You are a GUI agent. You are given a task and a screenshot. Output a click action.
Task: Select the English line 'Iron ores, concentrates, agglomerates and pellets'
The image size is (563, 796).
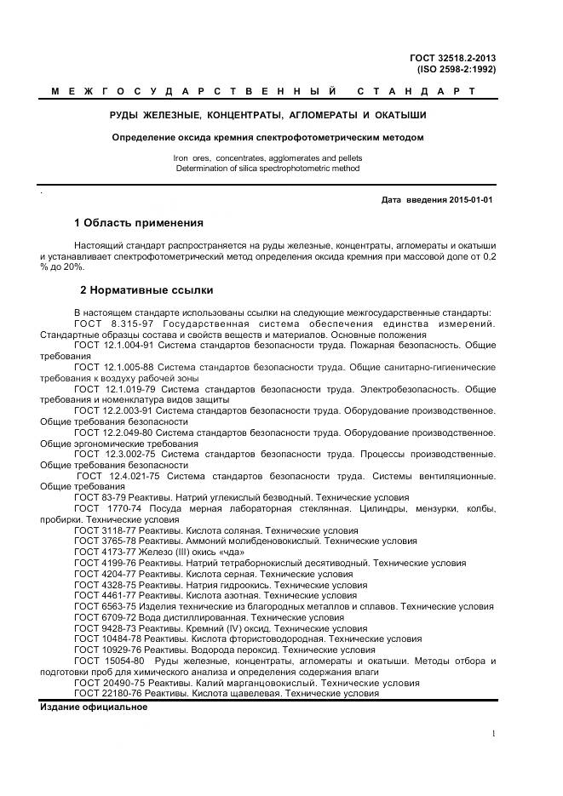(267, 158)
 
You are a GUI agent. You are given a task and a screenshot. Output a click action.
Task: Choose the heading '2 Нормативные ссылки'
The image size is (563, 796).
(146, 289)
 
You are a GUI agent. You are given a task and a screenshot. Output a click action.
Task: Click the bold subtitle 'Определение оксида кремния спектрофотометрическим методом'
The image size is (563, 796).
(268, 137)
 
